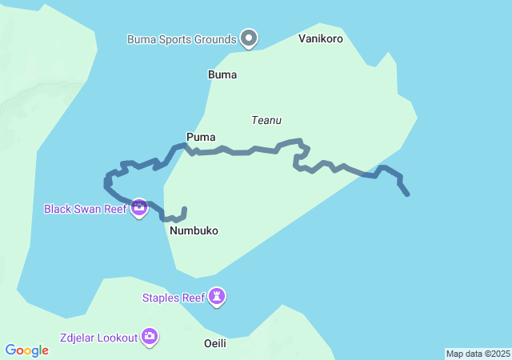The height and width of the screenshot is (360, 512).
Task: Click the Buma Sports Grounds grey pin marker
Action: pos(250,38)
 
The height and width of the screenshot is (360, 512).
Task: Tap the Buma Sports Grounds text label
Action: pos(182,38)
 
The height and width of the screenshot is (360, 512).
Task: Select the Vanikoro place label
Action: pos(320,38)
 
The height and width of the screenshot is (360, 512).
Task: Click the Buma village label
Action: pos(222,74)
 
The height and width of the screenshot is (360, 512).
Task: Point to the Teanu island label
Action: pos(266,120)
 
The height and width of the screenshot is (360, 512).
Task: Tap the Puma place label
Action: pos(201,137)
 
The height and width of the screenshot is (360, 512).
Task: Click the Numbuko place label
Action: pos(194,230)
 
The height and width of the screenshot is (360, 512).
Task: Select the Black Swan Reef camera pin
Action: pos(139,208)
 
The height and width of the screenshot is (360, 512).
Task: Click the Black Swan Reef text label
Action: pos(84,209)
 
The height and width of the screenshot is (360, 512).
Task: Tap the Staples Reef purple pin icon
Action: pos(217,297)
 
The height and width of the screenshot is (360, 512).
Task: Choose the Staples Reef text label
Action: pos(174,298)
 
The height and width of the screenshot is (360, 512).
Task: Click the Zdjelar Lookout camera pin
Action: pos(150,337)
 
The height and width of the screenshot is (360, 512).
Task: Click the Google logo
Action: pos(27,350)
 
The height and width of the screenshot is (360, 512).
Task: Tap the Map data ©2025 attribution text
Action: pos(478,354)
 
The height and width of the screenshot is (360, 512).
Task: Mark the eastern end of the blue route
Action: pos(407,194)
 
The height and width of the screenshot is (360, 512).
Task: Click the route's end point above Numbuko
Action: pos(185,210)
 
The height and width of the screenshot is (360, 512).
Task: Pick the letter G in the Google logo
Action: pos(11,350)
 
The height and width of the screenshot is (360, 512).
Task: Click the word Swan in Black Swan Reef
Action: pos(87,209)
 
